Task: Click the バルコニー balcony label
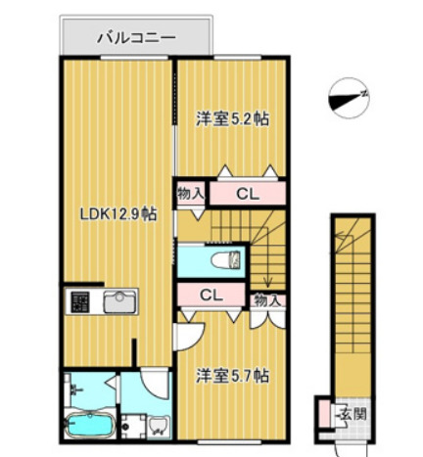(x=135, y=39)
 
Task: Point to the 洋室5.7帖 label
(x=233, y=375)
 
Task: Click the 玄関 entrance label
(x=352, y=414)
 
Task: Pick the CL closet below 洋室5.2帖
(x=247, y=194)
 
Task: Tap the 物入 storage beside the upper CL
(x=191, y=194)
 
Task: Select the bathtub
(x=90, y=428)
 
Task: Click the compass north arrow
(x=347, y=96)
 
